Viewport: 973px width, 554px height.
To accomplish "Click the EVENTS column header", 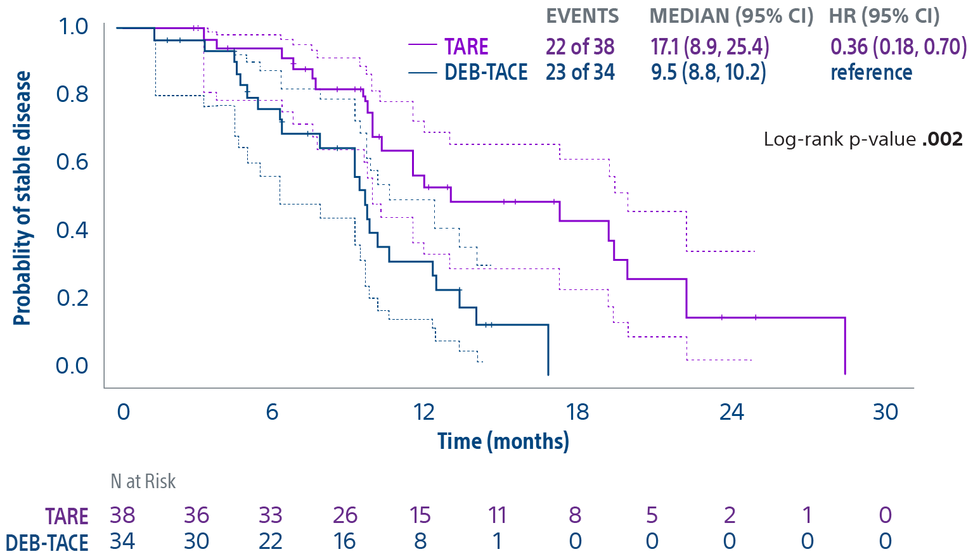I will [x=582, y=16].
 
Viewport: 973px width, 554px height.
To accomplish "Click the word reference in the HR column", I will [x=871, y=72].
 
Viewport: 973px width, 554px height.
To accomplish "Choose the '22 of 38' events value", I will [x=580, y=47].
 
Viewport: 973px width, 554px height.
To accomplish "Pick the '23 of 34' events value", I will [x=580, y=72].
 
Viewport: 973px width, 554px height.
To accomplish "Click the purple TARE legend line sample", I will [x=422, y=45].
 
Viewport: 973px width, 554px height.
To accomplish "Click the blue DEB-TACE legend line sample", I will [x=422, y=73].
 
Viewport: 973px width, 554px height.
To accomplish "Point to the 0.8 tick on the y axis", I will [x=72, y=94].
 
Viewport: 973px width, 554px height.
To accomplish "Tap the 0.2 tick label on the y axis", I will [x=72, y=298].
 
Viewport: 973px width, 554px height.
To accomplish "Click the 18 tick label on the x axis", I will [x=577, y=412].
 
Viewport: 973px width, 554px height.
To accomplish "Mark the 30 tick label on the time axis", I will [x=885, y=412].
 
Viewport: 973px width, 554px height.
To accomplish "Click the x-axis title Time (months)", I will [x=503, y=441].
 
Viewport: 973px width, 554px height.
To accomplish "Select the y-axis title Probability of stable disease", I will [x=22, y=198].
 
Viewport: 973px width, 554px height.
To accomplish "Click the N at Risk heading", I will [x=143, y=481].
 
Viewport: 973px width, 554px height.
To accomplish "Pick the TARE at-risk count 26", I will [x=345, y=515].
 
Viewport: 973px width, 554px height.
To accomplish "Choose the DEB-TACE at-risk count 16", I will [x=345, y=541].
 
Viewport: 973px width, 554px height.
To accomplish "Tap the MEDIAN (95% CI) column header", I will [x=731, y=16].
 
